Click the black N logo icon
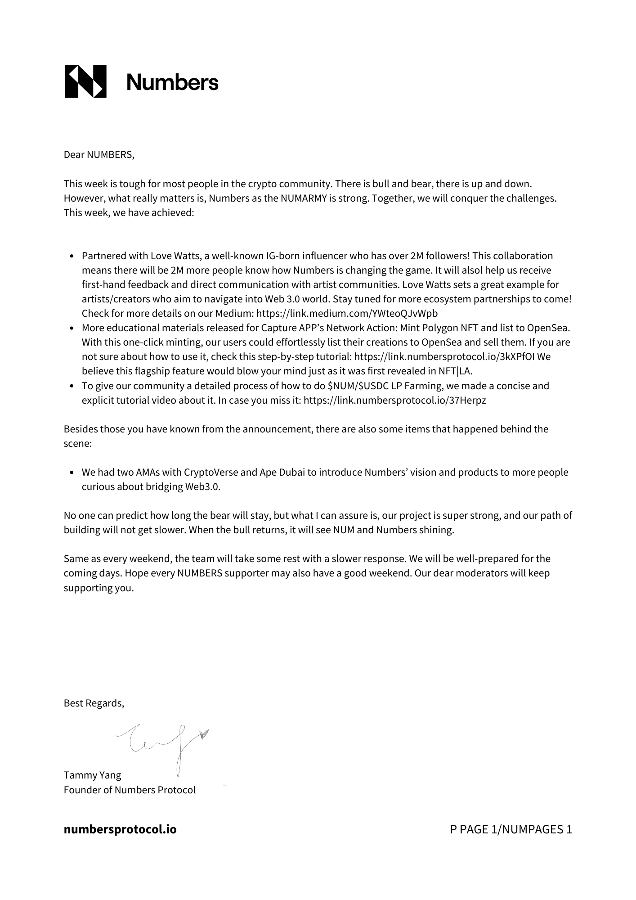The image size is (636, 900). tap(85, 81)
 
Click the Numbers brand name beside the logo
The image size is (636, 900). tap(172, 82)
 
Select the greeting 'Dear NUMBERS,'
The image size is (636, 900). tap(99, 155)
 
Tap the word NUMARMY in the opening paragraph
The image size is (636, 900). tap(303, 198)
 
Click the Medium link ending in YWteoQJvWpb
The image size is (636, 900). tap(347, 314)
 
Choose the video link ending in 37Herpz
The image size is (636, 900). tap(394, 400)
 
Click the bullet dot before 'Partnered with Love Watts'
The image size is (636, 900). tap(72, 256)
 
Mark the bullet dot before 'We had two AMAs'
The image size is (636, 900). tap(72, 473)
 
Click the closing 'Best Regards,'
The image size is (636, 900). tap(94, 703)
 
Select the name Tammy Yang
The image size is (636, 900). tap(92, 775)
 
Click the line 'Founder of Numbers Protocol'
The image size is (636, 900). tap(130, 790)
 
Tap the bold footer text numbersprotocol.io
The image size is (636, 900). tap(120, 829)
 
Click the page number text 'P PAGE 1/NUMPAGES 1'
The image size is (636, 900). tap(511, 829)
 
